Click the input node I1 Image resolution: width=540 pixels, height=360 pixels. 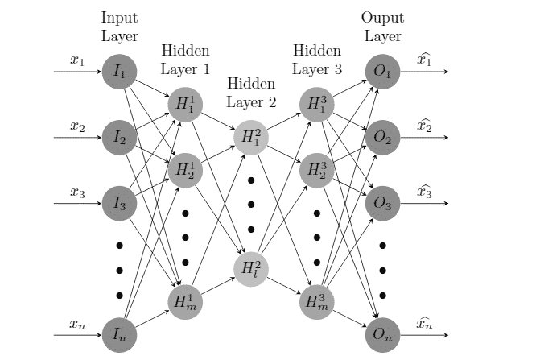tap(120, 72)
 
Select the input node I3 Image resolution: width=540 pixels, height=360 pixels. tap(120, 203)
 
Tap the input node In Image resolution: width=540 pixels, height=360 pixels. tap(120, 334)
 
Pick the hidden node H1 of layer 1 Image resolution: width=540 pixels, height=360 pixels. tap(184, 105)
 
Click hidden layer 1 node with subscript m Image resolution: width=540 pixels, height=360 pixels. tap(184, 301)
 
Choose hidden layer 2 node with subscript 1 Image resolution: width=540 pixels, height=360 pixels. tap(250, 138)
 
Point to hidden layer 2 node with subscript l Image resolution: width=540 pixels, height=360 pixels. tap(250, 268)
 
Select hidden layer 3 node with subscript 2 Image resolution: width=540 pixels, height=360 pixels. tap(315, 170)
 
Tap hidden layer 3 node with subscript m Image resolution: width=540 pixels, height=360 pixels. tap(315, 301)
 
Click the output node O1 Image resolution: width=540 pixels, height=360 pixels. tap(381, 72)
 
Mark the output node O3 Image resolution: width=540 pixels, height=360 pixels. tap(381, 203)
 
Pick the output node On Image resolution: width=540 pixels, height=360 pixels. tap(381, 334)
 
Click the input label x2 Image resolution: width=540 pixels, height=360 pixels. tap(77, 126)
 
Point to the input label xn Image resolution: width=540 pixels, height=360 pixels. tap(77, 324)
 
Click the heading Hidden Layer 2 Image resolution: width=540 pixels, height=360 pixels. tap(250, 93)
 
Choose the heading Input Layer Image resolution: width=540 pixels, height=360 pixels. tap(120, 27)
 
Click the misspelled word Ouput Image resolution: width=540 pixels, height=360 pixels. tap(381, 17)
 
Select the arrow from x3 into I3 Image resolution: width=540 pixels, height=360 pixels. tap(77, 203)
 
